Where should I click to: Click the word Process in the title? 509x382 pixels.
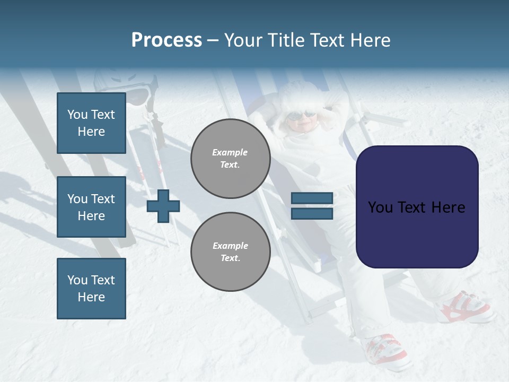(166, 40)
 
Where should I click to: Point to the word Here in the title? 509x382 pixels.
(369, 40)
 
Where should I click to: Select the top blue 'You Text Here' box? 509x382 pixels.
(91, 123)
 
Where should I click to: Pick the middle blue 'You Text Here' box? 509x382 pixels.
(91, 207)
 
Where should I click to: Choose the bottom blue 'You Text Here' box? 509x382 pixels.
(91, 288)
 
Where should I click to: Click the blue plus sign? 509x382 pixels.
(163, 206)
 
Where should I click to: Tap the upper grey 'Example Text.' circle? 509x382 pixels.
(230, 159)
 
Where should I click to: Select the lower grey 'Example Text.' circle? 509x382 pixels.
(230, 252)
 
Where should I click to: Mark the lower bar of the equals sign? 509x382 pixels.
(312, 214)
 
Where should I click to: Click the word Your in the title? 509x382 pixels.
(244, 40)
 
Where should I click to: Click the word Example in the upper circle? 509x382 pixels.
(230, 152)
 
